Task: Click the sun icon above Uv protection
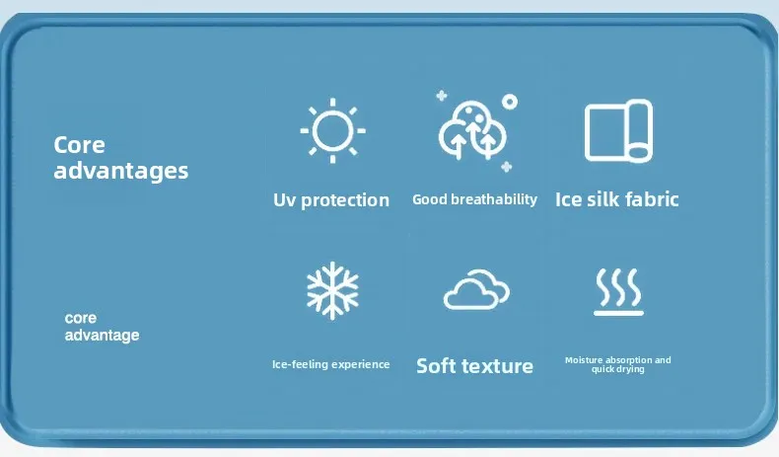pos(333,131)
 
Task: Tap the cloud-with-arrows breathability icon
pos(472,130)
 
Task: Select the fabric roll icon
pos(618,131)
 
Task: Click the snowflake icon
pos(333,290)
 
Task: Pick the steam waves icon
pos(618,292)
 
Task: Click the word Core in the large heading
pos(80,145)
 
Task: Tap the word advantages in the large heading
pos(120,171)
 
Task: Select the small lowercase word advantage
pos(102,336)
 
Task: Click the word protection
pos(345,200)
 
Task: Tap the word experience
pos(360,364)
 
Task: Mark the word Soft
pos(436,366)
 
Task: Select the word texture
pos(497,366)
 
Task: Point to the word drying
pos(631,369)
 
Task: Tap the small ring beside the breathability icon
pos(510,102)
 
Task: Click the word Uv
pos(284,200)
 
